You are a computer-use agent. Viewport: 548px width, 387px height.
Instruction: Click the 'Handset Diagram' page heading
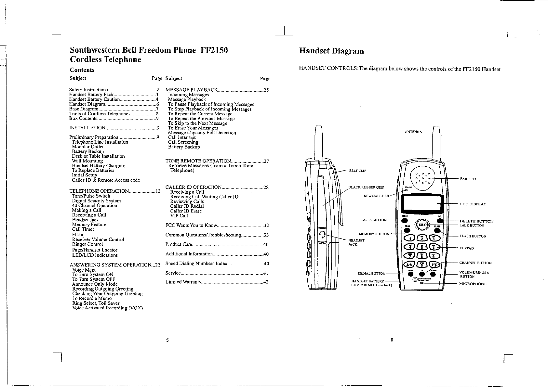click(x=331, y=51)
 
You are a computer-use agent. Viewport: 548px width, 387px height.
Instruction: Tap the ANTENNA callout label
click(x=413, y=132)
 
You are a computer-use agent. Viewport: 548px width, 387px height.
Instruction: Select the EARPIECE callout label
click(x=468, y=179)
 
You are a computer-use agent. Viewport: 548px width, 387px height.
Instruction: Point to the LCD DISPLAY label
click(x=473, y=204)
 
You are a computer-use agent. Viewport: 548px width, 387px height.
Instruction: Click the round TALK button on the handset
click(x=422, y=225)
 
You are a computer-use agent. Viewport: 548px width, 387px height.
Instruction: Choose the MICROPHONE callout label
click(x=473, y=284)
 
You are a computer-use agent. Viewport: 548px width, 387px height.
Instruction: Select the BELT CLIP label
click(x=357, y=171)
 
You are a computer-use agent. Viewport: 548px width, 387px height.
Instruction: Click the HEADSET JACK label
click(x=356, y=242)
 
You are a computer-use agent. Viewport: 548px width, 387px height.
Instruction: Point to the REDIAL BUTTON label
click(x=371, y=274)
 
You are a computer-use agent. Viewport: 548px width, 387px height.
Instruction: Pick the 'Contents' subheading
click(x=82, y=70)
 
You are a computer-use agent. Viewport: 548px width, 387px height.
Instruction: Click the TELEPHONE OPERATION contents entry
click(x=100, y=191)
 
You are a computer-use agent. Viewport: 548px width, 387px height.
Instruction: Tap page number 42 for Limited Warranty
click(x=266, y=282)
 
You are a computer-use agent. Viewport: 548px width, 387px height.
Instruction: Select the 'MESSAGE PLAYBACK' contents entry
click(x=191, y=90)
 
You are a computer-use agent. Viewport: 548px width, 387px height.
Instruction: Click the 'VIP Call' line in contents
click(x=179, y=216)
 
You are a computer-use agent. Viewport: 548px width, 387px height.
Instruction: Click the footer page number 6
click(x=392, y=340)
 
